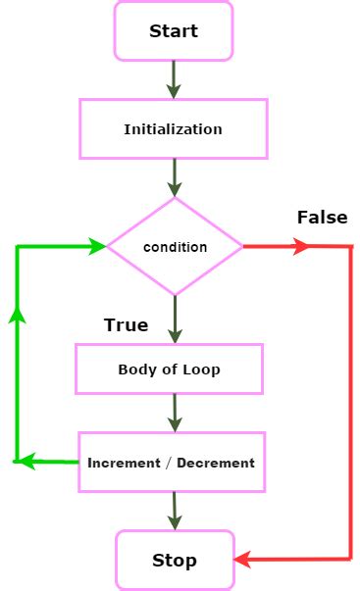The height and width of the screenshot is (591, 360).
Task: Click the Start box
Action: pos(174,30)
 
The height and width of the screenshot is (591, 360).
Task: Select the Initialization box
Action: pos(173,128)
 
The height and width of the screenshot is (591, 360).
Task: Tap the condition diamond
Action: pos(175,247)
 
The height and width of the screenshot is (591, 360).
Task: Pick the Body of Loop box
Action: pos(169,369)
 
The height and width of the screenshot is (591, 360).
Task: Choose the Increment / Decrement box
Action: pos(171,463)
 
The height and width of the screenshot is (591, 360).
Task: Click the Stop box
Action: pos(175,561)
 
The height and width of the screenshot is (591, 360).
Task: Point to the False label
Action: pos(322,217)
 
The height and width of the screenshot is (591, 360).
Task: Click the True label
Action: pos(126,325)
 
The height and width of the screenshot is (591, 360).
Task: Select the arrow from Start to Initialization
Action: pos(174,79)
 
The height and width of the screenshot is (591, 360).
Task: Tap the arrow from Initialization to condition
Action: pos(175,177)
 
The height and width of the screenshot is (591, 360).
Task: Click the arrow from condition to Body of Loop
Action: pos(175,319)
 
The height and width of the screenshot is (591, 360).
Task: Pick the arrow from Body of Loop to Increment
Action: pos(175,413)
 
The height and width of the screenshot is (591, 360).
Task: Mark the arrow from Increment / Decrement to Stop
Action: pos(175,511)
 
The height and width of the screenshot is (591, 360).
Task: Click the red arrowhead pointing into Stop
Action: pos(243,560)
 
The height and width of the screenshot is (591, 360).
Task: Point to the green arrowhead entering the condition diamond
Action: pos(97,247)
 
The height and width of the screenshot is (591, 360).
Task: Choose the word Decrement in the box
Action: pos(216,463)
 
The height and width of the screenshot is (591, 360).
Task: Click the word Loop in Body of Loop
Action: pos(201,369)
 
